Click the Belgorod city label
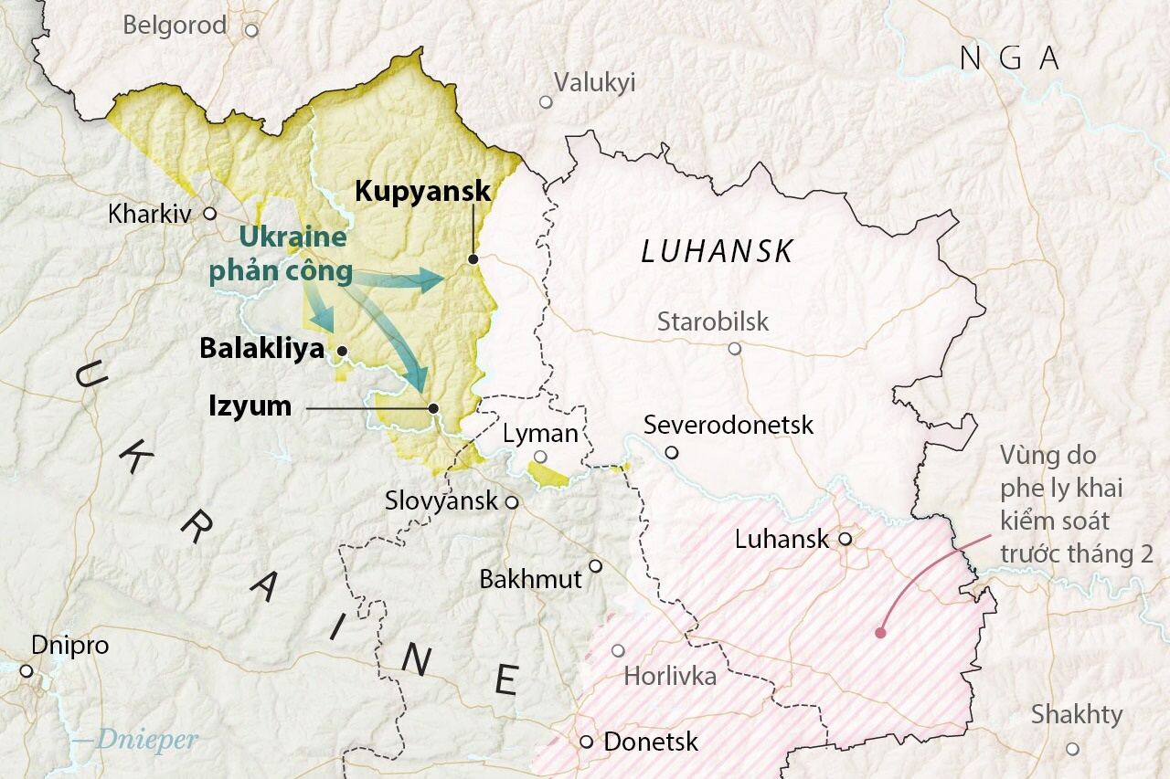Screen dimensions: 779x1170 point(175,26)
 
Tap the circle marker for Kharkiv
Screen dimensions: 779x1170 point(209,214)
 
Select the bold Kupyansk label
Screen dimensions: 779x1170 point(422,192)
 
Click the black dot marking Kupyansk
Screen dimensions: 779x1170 point(473,259)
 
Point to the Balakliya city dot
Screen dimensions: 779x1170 point(342,351)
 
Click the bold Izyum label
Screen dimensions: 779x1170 point(250,406)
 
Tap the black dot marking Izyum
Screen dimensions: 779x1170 point(433,408)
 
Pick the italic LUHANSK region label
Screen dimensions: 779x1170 point(718,252)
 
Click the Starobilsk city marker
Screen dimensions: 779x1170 point(734,349)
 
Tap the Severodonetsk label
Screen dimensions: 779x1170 point(729,425)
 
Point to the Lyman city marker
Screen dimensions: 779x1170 point(540,457)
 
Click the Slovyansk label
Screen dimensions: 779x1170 point(441,500)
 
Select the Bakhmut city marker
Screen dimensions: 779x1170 point(595,566)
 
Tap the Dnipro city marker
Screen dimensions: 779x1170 point(27,671)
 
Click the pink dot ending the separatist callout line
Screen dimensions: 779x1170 point(880,632)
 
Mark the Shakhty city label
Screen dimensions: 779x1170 point(1077,715)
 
